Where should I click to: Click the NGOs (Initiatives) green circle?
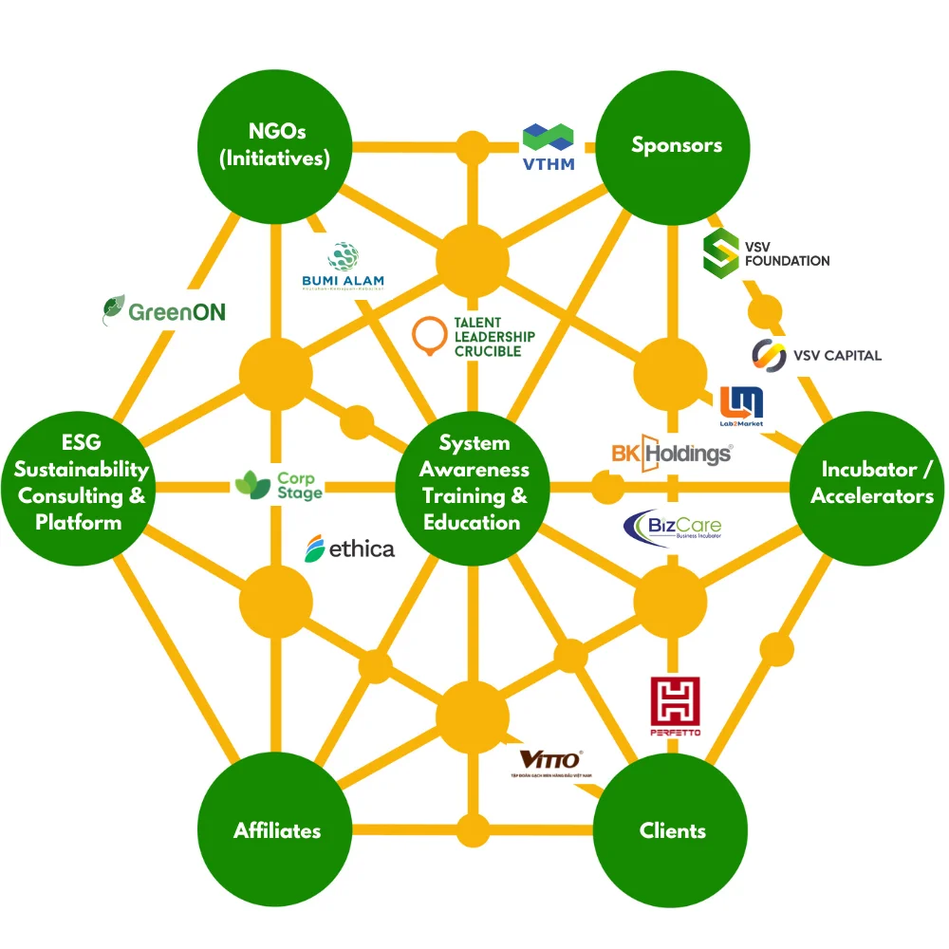pyautogui.click(x=275, y=146)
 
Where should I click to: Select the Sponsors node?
pyautogui.click(x=676, y=146)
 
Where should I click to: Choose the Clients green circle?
pyautogui.click(x=672, y=831)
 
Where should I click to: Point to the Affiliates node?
pyautogui.click(x=277, y=831)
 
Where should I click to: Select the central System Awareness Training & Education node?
pyautogui.click(x=472, y=483)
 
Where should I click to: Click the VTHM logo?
pyautogui.click(x=549, y=146)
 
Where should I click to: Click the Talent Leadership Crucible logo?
pyautogui.click(x=474, y=338)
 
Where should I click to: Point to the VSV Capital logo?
pyautogui.click(x=816, y=355)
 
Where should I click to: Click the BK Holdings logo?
pyautogui.click(x=672, y=453)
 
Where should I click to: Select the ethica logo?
pyautogui.click(x=349, y=549)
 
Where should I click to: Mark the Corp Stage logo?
pyautogui.click(x=279, y=485)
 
